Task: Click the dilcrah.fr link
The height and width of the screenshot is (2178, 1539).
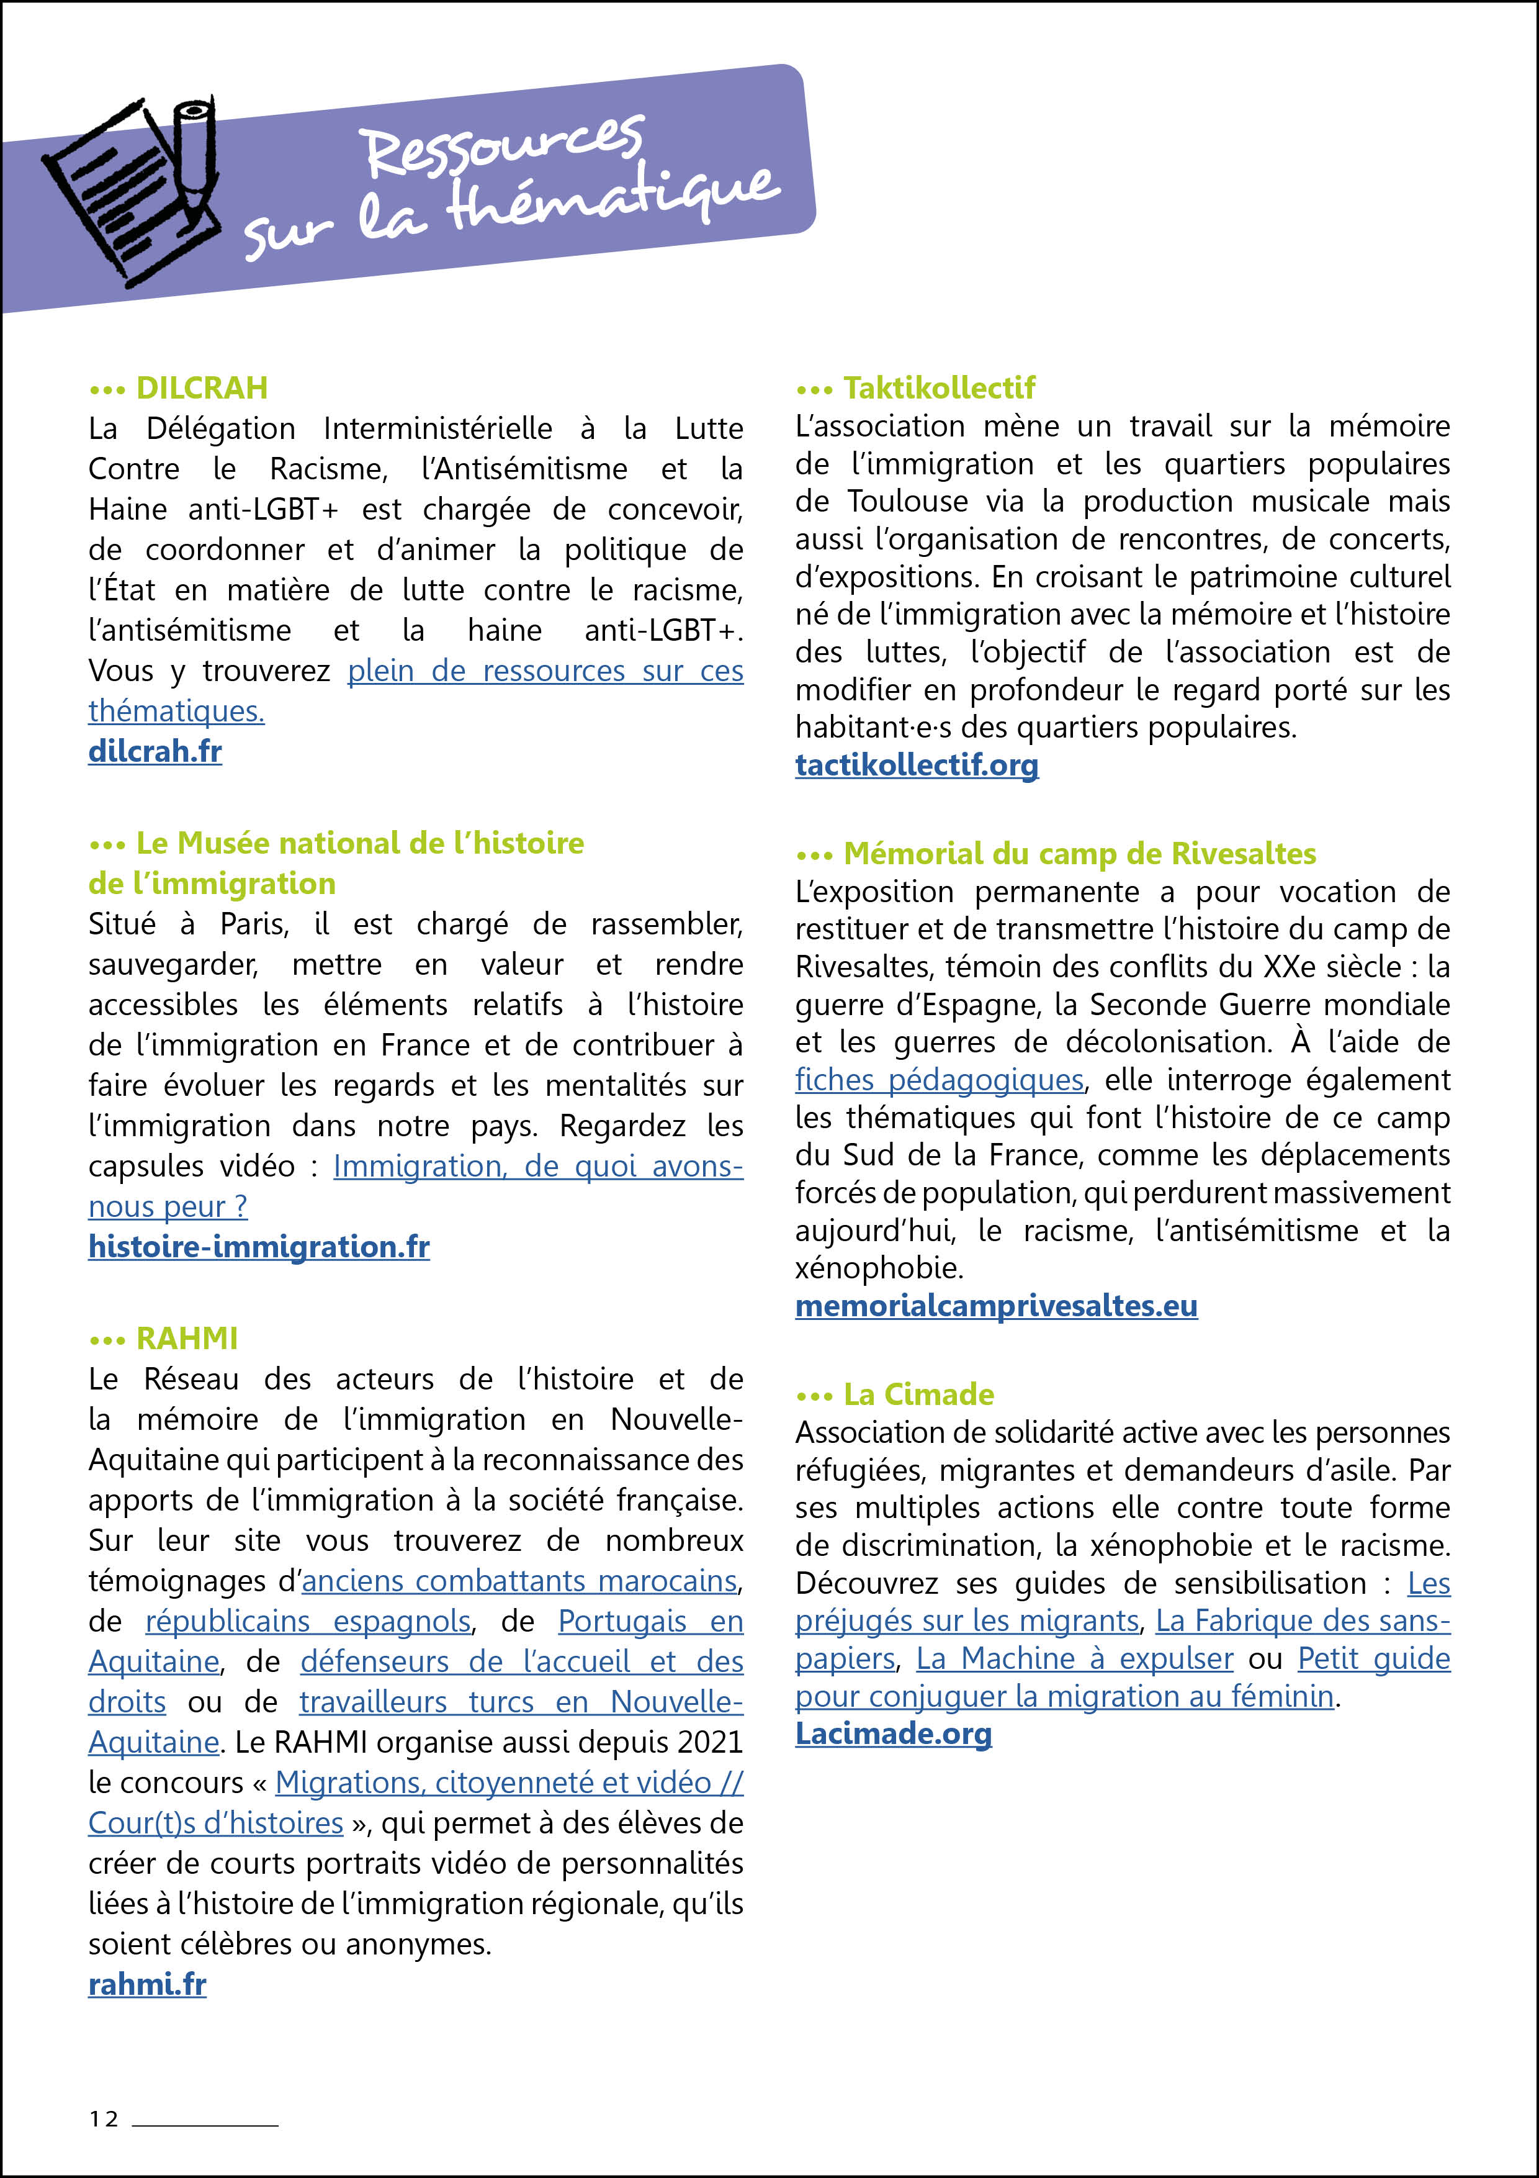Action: pyautogui.click(x=155, y=751)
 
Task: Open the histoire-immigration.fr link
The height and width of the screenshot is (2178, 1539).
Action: pyautogui.click(x=259, y=1247)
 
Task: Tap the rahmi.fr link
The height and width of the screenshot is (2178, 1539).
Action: pyautogui.click(x=147, y=1984)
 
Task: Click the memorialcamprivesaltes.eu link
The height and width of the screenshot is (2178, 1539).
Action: pyautogui.click(x=995, y=1306)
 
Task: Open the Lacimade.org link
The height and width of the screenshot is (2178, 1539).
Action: pyautogui.click(x=893, y=1734)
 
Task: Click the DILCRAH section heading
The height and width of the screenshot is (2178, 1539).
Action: pyautogui.click(x=201, y=388)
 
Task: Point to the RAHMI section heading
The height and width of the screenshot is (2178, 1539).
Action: pyautogui.click(x=187, y=1339)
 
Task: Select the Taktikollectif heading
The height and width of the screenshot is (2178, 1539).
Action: pyautogui.click(x=939, y=388)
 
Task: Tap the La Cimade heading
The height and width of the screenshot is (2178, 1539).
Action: pyautogui.click(x=918, y=1394)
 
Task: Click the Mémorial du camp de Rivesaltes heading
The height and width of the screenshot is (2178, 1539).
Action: pyautogui.click(x=1079, y=854)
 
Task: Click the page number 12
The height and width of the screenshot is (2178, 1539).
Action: pyautogui.click(x=104, y=2119)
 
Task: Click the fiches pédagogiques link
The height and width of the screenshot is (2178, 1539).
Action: pyautogui.click(x=939, y=1080)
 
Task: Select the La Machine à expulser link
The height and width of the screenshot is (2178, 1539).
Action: pyautogui.click(x=1074, y=1659)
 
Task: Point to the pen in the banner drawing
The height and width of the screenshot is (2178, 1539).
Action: pyautogui.click(x=195, y=151)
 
